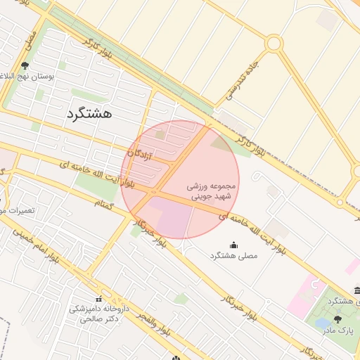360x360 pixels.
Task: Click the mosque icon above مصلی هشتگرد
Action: tap(233, 245)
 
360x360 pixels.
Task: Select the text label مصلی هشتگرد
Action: tap(233, 257)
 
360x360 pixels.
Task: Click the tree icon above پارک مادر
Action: tap(337, 319)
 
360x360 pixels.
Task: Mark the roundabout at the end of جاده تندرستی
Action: tap(274, 44)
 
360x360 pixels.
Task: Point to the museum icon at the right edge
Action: tap(356, 291)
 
